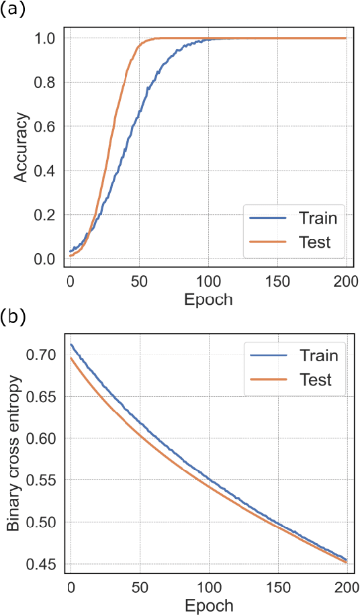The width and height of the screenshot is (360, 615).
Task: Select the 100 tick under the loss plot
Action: tap(208, 585)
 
